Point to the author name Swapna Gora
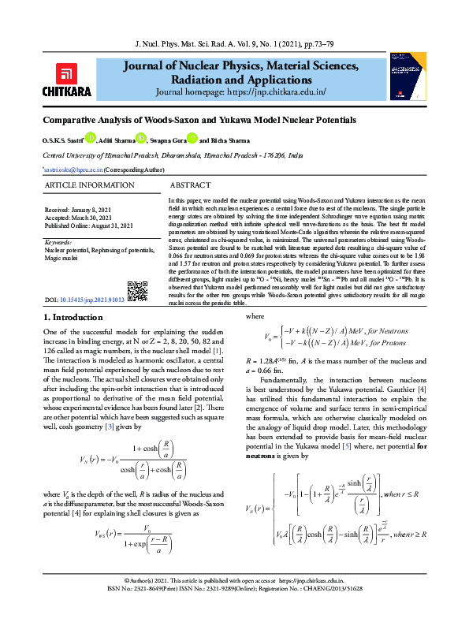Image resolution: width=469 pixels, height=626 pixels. click(172, 140)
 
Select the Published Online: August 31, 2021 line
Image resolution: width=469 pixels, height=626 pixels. click(89, 225)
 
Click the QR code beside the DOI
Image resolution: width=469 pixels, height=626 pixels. click(137, 291)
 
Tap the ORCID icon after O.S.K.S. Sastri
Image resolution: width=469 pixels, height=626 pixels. click(91, 139)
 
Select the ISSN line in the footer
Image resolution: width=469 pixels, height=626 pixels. click(234, 610)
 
